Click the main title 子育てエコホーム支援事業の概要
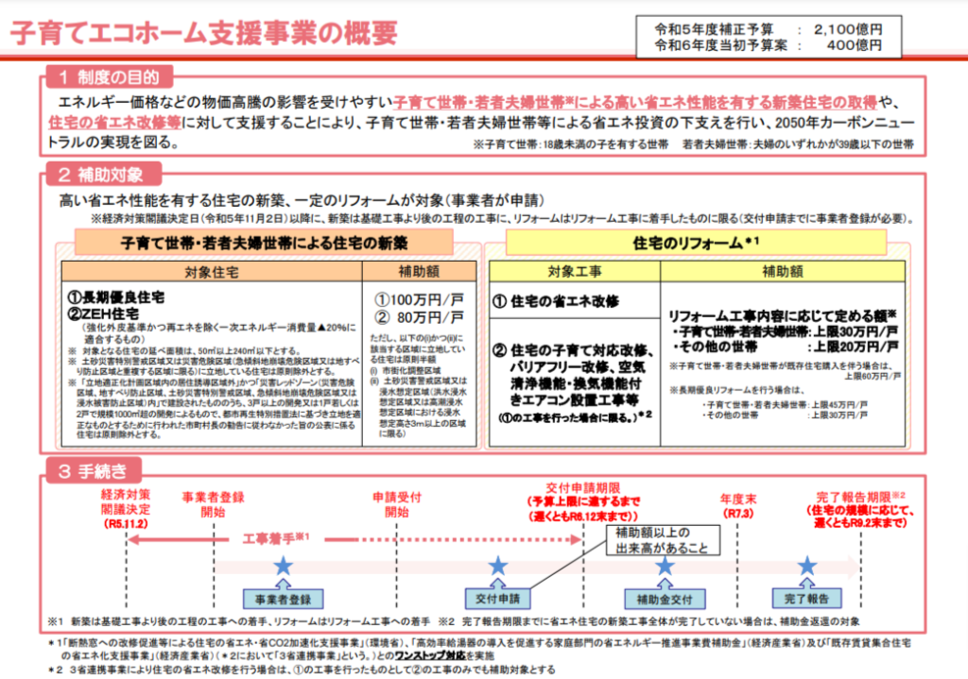coord(203,32)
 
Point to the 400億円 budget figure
coord(856,44)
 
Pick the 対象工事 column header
coord(574,271)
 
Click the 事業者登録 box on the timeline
coord(282,599)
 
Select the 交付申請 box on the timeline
coord(498,599)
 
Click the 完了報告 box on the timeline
coord(806,599)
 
